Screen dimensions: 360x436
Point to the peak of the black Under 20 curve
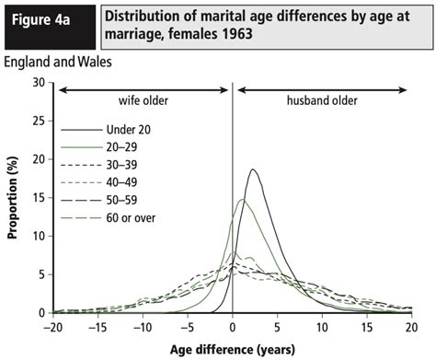tap(253, 169)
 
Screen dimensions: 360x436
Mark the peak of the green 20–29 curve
tap(241, 200)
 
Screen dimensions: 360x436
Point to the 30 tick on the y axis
tap(39, 82)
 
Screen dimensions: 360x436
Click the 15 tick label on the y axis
tap(39, 197)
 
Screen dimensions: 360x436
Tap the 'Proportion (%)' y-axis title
tap(12, 198)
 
